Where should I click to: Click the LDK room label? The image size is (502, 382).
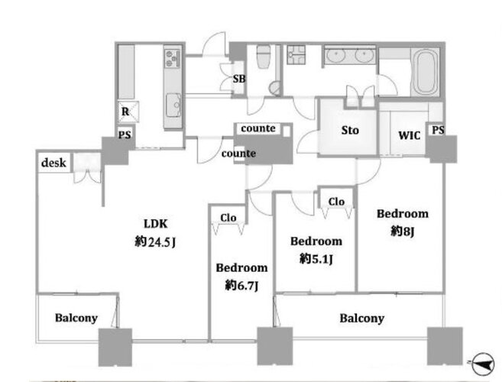click(x=156, y=224)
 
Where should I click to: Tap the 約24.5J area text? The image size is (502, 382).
click(x=155, y=241)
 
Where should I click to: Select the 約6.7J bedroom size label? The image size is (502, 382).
click(x=241, y=285)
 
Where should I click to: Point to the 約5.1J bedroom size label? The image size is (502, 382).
click(x=316, y=258)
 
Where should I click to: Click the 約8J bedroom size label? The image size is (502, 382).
click(x=403, y=231)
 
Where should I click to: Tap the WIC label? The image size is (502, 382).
click(x=409, y=135)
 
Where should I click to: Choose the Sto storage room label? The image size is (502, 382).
click(x=350, y=131)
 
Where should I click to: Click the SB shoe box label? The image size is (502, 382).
click(x=239, y=79)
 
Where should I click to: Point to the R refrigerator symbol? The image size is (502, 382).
click(x=128, y=112)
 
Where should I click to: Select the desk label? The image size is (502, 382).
click(x=53, y=163)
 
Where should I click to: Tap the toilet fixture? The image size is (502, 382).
click(x=264, y=57)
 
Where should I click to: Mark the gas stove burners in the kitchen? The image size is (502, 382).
click(x=172, y=58)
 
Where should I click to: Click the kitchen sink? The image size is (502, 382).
click(x=173, y=105)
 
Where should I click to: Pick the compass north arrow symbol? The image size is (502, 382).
click(x=482, y=364)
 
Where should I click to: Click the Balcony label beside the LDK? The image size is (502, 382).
click(x=76, y=318)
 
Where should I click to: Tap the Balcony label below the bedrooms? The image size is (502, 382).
click(x=361, y=319)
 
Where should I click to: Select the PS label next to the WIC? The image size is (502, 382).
click(x=438, y=130)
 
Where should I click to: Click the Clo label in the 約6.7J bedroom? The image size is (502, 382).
click(x=228, y=218)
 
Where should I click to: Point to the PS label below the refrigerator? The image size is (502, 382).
click(x=125, y=134)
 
